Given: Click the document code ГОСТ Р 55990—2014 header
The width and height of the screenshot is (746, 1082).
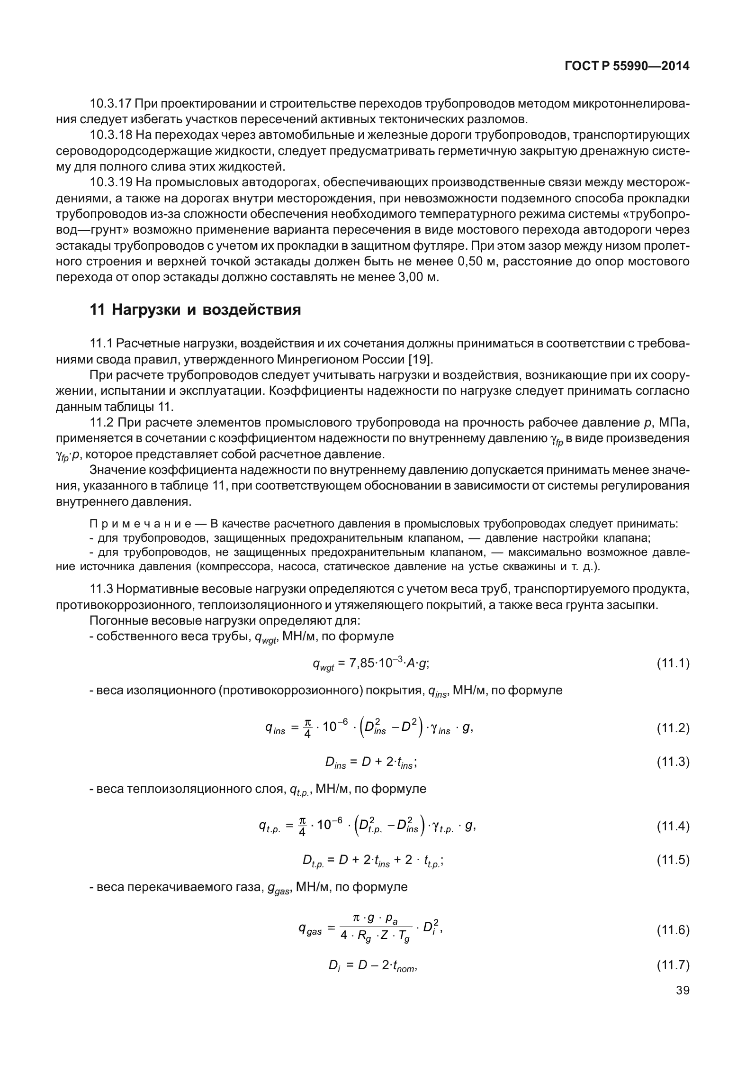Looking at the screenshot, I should click(627, 67).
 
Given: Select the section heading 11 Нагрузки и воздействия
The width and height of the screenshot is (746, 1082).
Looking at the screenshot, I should click(195, 310).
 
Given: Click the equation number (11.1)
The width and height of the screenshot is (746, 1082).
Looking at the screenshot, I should click(673, 663).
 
